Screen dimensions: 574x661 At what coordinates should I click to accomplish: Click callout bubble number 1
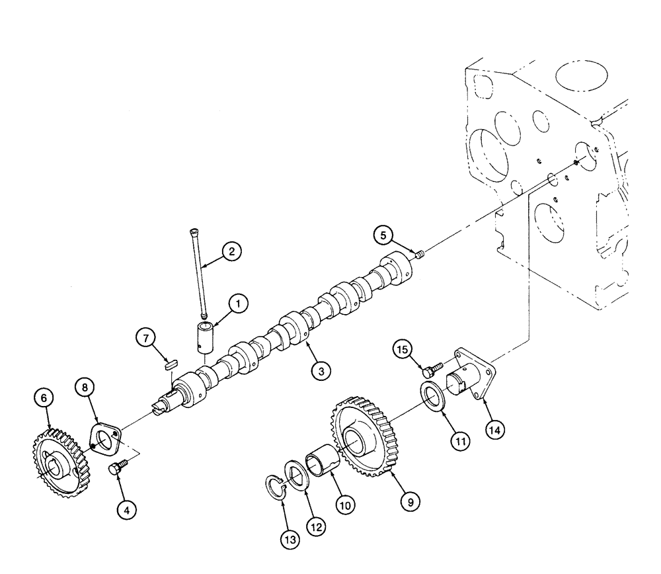(238, 304)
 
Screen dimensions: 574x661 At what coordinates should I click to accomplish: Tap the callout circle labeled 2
(231, 251)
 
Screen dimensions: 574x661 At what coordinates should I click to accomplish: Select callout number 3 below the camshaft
(321, 372)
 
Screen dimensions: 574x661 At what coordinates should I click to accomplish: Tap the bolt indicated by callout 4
(114, 469)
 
